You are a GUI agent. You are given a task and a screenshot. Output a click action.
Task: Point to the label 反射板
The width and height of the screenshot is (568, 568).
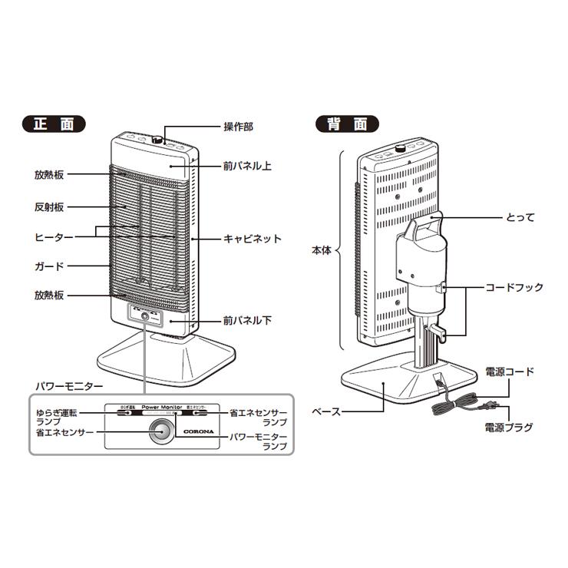48,207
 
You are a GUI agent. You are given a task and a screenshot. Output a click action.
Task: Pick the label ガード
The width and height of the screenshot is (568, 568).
48,266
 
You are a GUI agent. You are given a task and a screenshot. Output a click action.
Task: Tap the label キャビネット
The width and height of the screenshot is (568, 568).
252,239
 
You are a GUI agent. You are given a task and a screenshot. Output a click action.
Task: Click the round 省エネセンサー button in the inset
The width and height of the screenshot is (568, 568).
160,431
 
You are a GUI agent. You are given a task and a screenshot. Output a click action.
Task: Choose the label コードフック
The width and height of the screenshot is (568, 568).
514,288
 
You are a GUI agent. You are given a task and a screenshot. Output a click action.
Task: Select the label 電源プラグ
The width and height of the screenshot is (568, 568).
508,427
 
